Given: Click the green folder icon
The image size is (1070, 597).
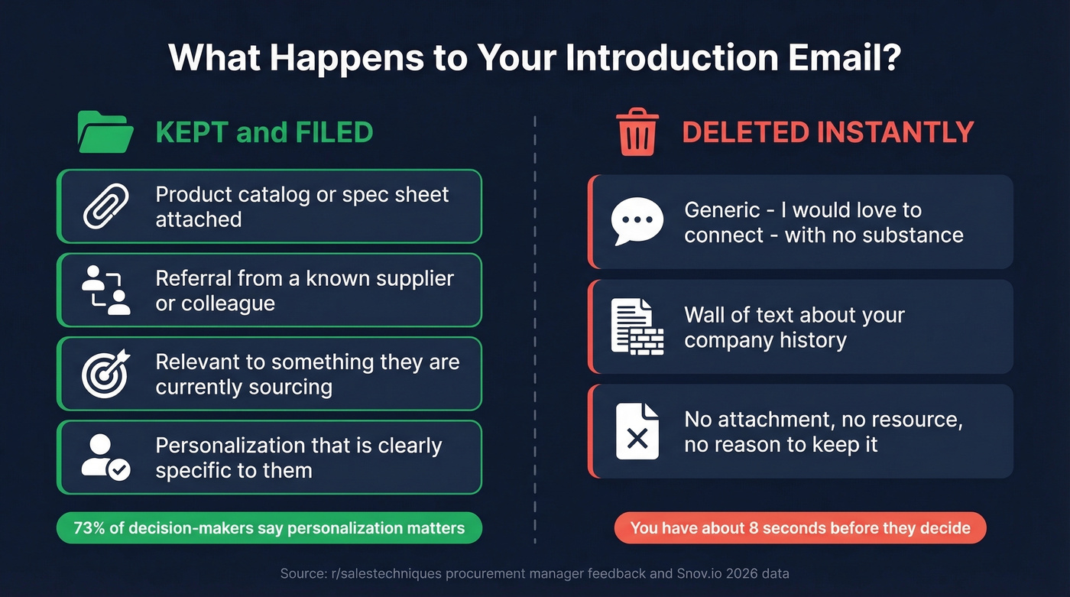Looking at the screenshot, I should pos(105,131).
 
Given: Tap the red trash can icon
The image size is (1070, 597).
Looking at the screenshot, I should pos(637,131).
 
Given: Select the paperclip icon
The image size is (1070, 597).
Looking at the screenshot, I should pos(106,206).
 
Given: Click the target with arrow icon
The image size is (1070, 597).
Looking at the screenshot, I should pos(106,374).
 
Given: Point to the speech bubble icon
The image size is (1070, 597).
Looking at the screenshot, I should pos(637,222).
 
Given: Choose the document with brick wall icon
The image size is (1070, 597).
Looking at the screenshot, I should pos(637,326).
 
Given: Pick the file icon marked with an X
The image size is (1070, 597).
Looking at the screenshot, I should pos(637,431).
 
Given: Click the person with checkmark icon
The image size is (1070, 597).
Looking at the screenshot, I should pos(106,457).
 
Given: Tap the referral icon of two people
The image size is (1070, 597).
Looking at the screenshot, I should pos(106,290).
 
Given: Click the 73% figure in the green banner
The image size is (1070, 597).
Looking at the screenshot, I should pos(89,528).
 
